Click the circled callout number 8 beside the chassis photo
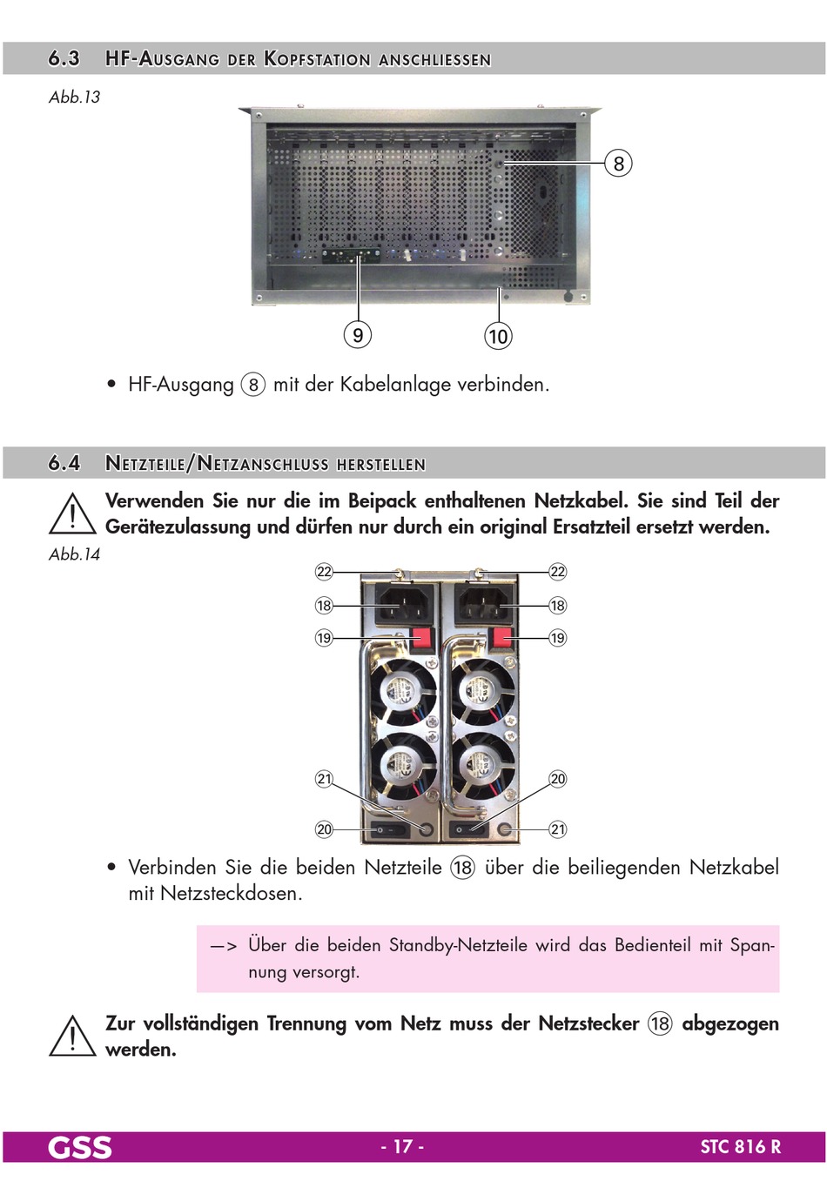[x=618, y=164]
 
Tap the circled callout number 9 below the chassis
[x=357, y=334]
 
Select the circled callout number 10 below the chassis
[x=498, y=336]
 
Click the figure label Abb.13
[x=75, y=97]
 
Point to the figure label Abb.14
[x=75, y=554]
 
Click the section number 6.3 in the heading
[x=64, y=59]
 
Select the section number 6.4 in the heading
[x=64, y=463]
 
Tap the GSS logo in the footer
[x=80, y=1147]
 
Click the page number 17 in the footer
[x=402, y=1147]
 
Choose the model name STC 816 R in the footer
[x=740, y=1147]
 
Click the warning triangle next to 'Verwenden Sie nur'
[x=72, y=513]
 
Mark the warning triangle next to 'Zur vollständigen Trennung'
[x=72, y=1036]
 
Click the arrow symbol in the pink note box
[x=224, y=946]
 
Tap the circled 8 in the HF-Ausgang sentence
[x=252, y=385]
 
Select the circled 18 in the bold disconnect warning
[x=660, y=1023]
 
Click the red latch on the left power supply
[x=422, y=639]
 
